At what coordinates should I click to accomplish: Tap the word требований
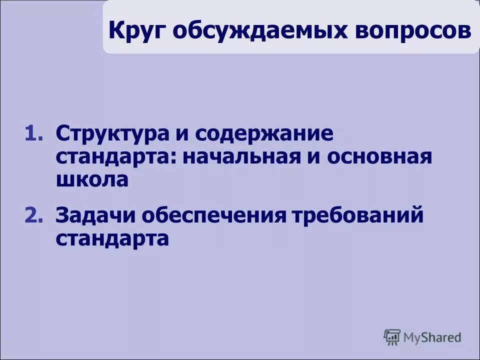(x=358, y=216)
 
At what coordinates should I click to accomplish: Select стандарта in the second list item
(x=112, y=239)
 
